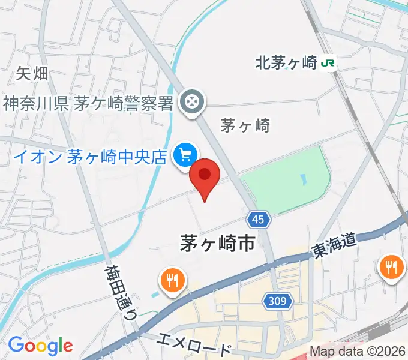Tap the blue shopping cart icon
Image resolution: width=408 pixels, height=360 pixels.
coord(184,155)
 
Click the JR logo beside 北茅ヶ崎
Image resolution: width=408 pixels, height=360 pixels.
coord(327,62)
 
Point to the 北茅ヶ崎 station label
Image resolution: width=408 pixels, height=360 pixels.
coord(286,62)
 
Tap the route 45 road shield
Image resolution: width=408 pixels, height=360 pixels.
coord(258,220)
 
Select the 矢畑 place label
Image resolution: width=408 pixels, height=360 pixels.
coord(32,74)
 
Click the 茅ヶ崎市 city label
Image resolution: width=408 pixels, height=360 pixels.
coord(217,242)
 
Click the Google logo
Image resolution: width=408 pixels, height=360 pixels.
coord(40,346)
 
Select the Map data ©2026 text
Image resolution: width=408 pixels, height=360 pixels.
coord(358,352)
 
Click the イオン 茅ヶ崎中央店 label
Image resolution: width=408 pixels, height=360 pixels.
coord(89,157)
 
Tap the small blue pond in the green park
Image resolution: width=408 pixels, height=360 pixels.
coord(304,179)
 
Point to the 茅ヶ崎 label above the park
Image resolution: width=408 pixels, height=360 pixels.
coord(245,126)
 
